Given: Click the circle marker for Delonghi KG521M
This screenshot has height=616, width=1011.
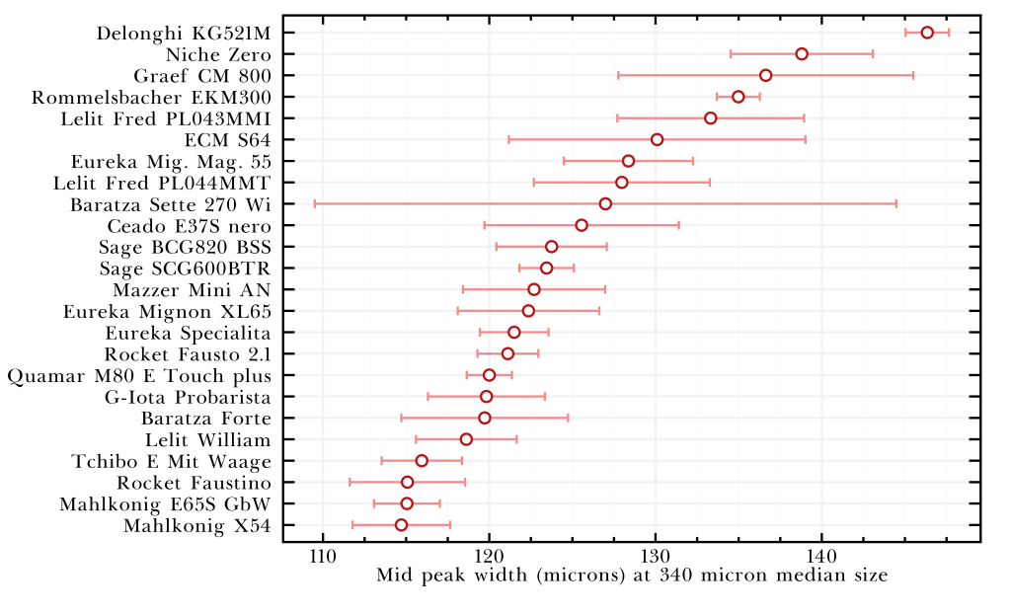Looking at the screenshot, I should (927, 33).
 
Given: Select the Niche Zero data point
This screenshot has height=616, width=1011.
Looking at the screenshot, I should (802, 53).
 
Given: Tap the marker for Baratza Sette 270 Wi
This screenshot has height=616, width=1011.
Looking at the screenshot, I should (605, 203).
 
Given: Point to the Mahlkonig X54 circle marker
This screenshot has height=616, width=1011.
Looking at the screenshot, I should (401, 525).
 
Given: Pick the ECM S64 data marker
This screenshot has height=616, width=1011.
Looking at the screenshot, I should (658, 139).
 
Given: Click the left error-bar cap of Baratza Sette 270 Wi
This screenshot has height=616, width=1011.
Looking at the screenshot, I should (315, 203).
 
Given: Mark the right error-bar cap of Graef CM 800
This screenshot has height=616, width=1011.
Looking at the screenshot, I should (913, 75).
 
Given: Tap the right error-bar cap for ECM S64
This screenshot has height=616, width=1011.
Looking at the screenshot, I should (806, 139).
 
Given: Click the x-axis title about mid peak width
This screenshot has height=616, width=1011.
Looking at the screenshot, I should (632, 576).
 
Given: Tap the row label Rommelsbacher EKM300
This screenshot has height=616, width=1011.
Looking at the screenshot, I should (151, 97).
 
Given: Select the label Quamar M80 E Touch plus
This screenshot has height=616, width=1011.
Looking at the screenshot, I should (139, 375).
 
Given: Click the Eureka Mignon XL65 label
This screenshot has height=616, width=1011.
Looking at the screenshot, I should (167, 311).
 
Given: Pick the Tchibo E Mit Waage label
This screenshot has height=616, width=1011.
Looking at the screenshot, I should (171, 461).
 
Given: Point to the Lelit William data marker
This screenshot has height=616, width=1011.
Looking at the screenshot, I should (466, 439).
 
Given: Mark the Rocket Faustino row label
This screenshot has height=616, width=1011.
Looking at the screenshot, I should (194, 483).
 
